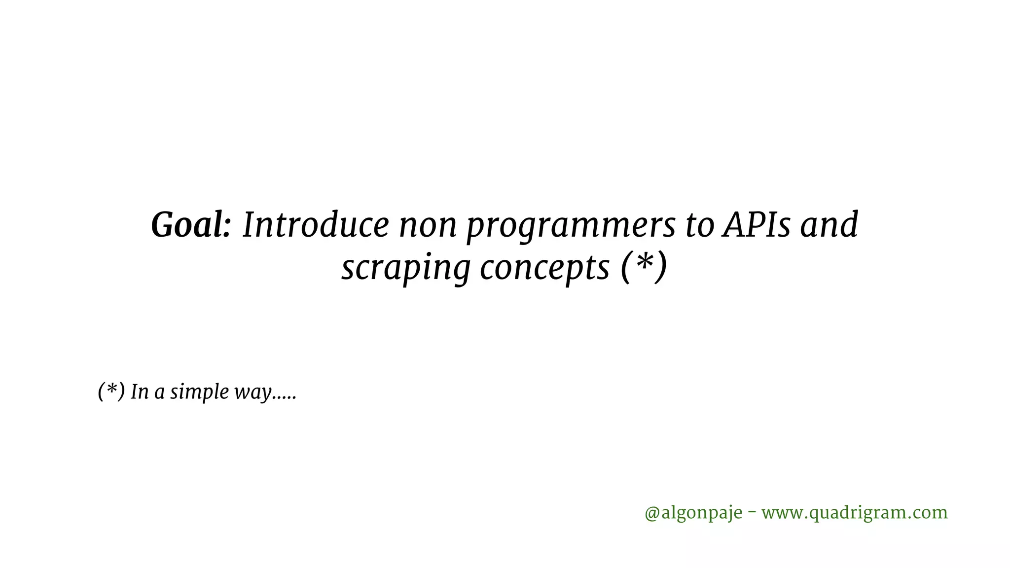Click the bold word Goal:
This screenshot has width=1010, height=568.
[x=190, y=225]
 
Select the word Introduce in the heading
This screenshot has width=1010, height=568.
[x=316, y=225]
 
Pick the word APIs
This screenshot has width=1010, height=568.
[x=755, y=225]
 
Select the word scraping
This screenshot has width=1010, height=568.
[x=406, y=269]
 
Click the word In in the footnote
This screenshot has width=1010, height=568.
[x=140, y=392]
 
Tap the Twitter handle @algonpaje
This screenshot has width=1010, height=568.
[x=693, y=513]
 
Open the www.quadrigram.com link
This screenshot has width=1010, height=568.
[x=854, y=513]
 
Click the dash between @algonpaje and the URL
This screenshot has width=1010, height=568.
[x=752, y=512]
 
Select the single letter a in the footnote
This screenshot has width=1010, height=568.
[x=159, y=393]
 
